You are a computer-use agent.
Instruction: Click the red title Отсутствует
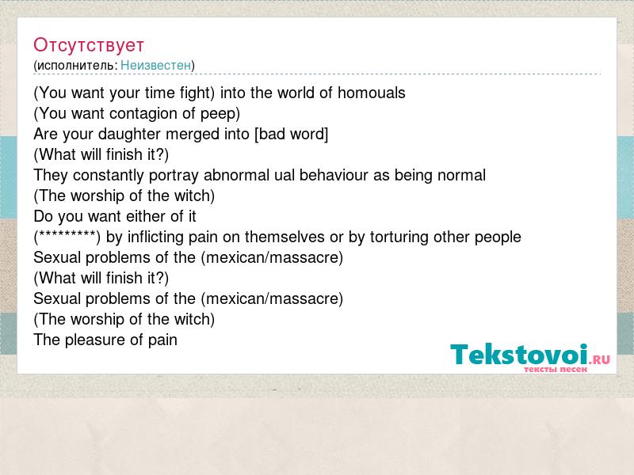(x=89, y=45)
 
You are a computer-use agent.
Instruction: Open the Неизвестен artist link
(x=155, y=65)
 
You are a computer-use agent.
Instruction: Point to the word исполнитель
(x=77, y=66)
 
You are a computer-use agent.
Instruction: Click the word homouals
(x=371, y=93)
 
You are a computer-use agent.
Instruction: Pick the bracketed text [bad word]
(x=291, y=134)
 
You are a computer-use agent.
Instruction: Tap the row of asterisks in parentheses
(x=67, y=236)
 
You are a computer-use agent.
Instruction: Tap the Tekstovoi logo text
(x=519, y=355)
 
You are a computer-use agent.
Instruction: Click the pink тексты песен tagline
(x=556, y=369)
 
